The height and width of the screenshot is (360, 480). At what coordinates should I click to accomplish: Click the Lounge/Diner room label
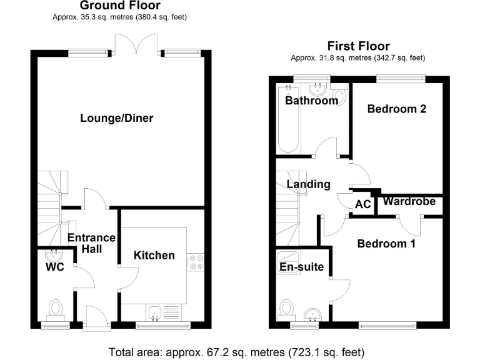click(117, 118)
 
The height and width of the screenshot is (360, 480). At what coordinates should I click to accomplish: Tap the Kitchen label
click(154, 255)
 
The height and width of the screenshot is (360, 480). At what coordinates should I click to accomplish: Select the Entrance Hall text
click(92, 243)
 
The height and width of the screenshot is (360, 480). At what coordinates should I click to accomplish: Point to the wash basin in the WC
click(54, 254)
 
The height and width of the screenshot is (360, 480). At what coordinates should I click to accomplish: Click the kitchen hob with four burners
click(196, 262)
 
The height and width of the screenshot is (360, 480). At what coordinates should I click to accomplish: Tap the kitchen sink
click(156, 312)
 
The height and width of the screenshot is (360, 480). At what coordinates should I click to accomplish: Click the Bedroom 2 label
click(396, 109)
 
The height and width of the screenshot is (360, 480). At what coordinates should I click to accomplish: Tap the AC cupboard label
click(362, 204)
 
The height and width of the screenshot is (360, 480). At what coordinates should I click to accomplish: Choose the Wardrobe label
click(409, 201)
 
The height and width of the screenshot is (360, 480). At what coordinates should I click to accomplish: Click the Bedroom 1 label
click(386, 244)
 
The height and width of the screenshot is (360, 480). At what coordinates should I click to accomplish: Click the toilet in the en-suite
click(287, 308)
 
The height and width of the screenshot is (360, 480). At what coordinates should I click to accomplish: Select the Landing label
click(308, 184)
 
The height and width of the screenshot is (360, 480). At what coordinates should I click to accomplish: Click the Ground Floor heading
click(119, 6)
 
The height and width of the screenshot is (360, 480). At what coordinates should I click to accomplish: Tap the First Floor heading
click(358, 46)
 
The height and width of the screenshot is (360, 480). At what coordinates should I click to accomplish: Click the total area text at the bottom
click(236, 351)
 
